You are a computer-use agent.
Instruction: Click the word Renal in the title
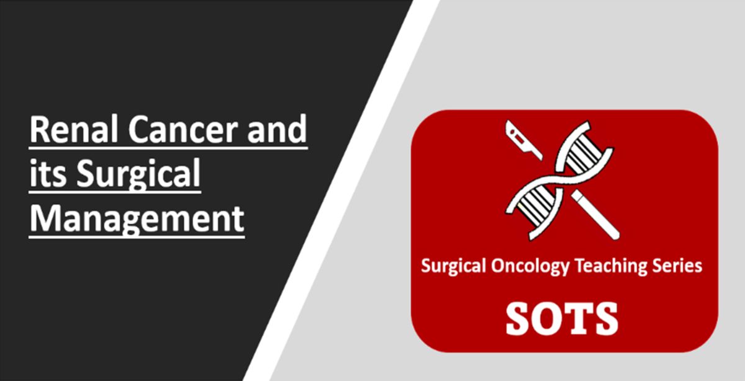(x=74, y=129)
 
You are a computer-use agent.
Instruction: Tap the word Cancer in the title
(x=183, y=129)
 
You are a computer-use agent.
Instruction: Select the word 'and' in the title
(x=277, y=128)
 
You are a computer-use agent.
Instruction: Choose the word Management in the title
(x=137, y=220)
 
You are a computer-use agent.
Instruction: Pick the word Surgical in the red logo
(x=453, y=267)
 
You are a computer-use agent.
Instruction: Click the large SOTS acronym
(x=562, y=318)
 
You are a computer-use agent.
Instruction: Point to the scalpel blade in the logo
(x=523, y=140)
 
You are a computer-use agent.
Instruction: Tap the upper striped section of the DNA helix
(x=584, y=154)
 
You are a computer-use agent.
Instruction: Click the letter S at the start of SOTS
(x=519, y=318)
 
